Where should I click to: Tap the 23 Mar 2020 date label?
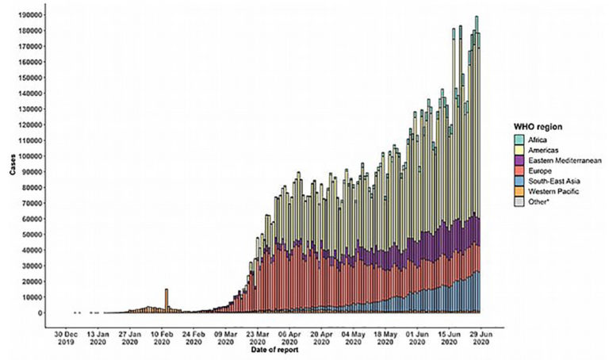(x=257, y=339)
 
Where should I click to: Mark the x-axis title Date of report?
(x=274, y=350)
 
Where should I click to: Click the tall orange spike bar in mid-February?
(x=167, y=301)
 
